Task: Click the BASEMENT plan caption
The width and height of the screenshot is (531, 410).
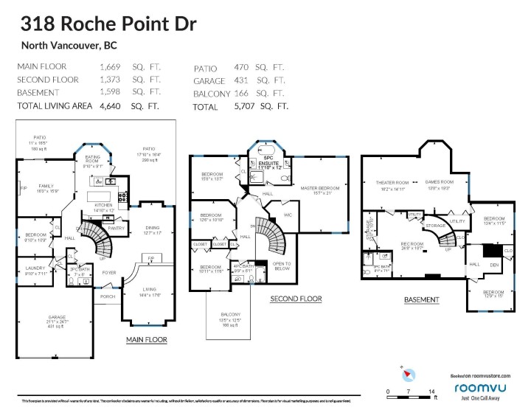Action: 421,300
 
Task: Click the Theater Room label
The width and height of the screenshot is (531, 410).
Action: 392,182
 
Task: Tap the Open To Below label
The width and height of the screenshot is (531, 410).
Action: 282,265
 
